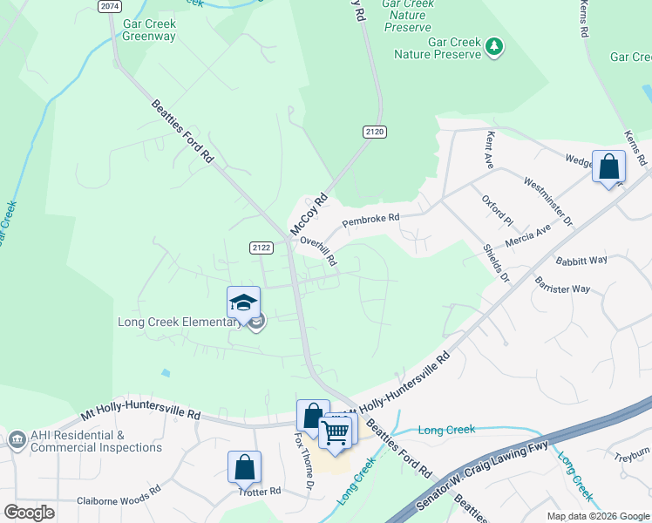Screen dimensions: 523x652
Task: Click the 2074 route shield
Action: [x=109, y=6]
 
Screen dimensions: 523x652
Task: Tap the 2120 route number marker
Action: [x=374, y=132]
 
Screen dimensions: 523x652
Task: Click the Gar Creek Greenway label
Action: [x=149, y=31]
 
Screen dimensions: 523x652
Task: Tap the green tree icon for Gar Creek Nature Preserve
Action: [x=495, y=44]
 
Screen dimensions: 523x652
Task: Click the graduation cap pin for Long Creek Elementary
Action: [x=243, y=302]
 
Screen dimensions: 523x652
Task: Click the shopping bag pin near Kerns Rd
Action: [x=608, y=166]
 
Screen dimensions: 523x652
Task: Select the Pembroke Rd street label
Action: [x=370, y=221]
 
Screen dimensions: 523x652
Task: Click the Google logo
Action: [x=30, y=512]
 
